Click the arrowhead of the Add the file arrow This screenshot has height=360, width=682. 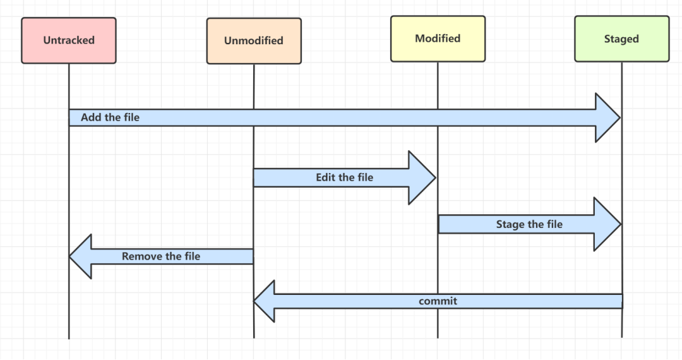pos(608,117)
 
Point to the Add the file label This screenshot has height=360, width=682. pos(110,117)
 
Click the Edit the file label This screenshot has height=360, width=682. pos(344,177)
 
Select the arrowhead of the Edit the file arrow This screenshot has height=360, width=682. pos(422,177)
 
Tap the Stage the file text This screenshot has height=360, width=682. pos(529,224)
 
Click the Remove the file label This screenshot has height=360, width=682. pos(160,256)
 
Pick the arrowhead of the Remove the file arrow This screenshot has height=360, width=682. pos(81,256)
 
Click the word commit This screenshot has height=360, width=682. pos(438,301)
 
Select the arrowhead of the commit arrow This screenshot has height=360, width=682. pos(266,301)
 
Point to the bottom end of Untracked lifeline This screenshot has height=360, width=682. pos(69,337)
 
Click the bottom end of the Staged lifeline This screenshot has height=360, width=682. pos(621,335)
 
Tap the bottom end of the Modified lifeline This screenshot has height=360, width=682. pos(438,336)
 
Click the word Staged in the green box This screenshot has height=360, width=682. pos(621,39)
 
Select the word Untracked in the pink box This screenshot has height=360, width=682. pos(69,40)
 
